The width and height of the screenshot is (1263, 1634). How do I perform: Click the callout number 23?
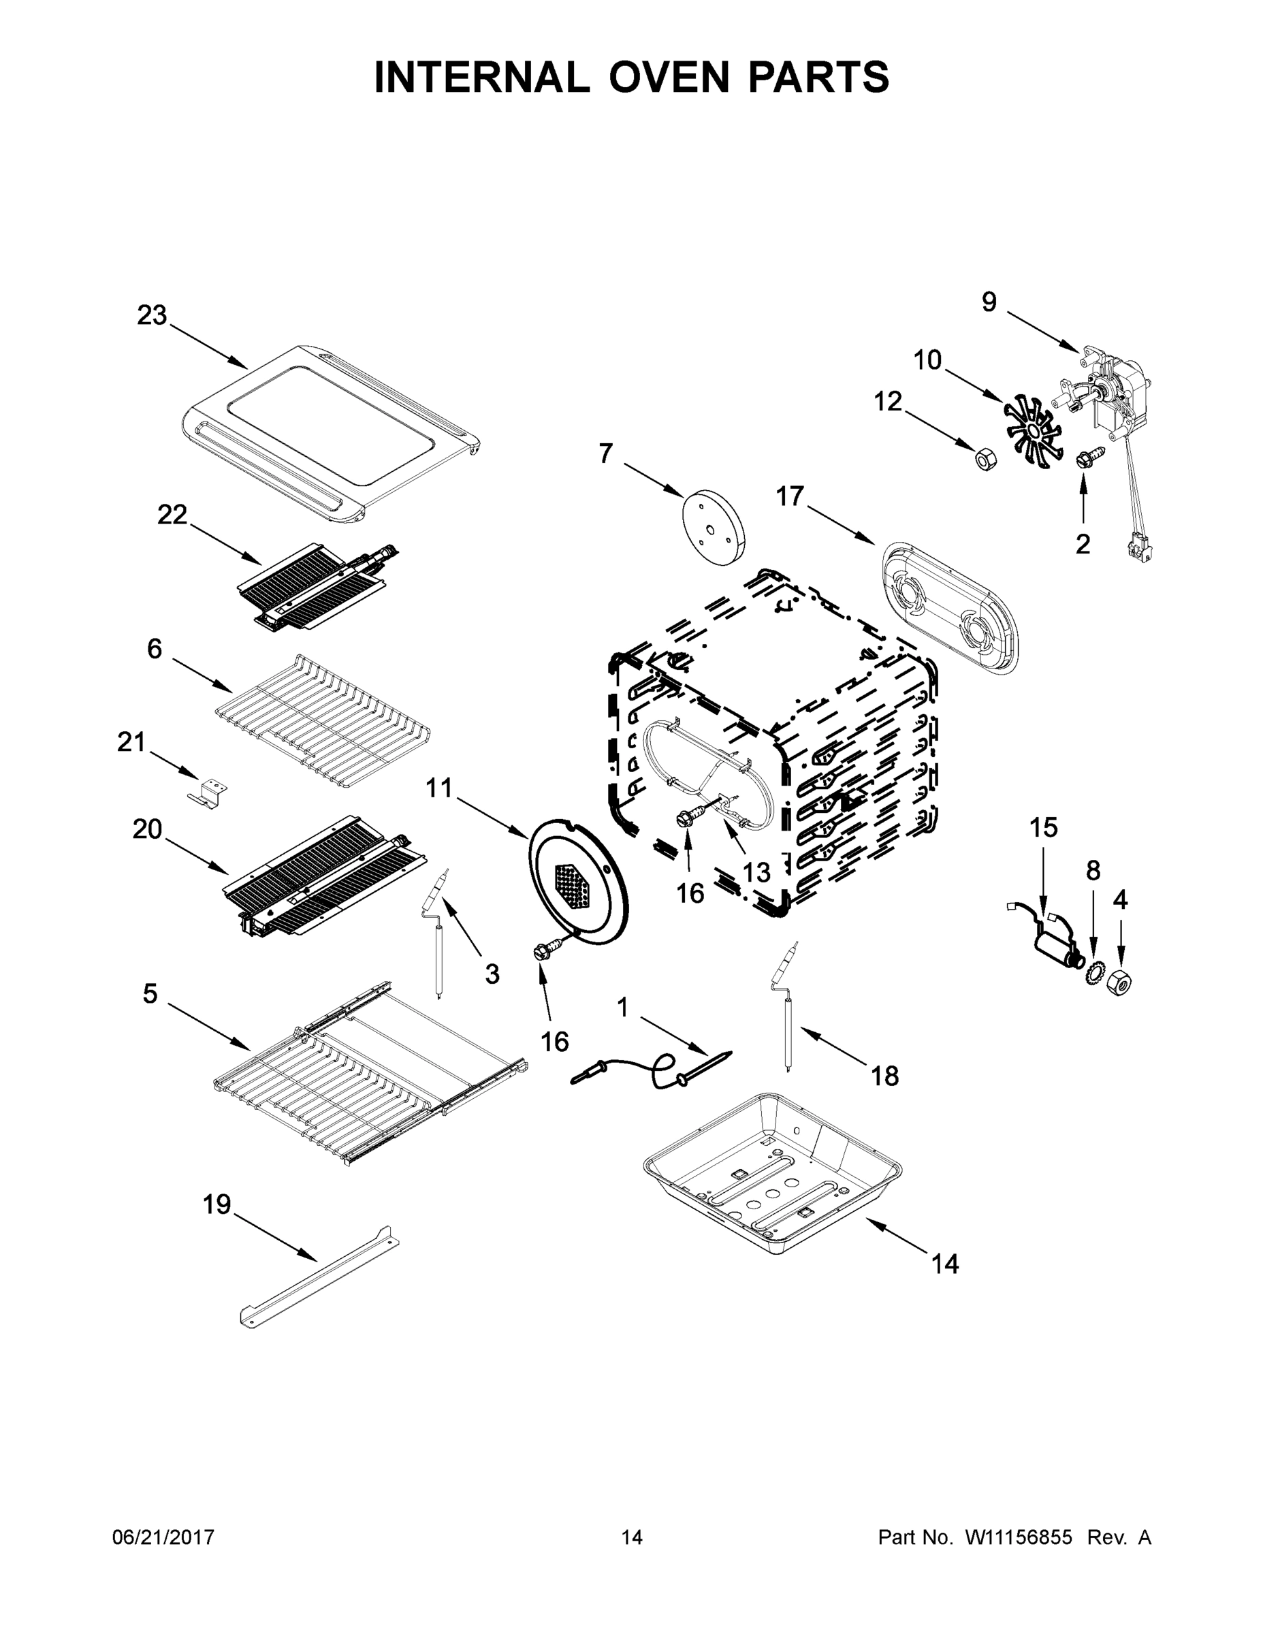pyautogui.click(x=152, y=316)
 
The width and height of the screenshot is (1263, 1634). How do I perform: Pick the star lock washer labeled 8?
pyautogui.click(x=1093, y=974)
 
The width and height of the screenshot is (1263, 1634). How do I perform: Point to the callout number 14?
pyautogui.click(x=945, y=1264)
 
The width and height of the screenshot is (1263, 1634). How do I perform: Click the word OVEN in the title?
pyautogui.click(x=668, y=77)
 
